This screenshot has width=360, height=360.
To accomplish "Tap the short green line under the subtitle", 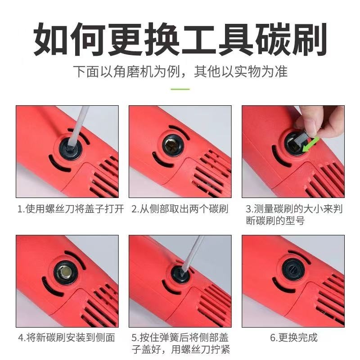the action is click(180, 89).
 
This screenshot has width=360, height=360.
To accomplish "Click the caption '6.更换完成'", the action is click(294, 337).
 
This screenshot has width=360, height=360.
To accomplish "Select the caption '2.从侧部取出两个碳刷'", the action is click(180, 209).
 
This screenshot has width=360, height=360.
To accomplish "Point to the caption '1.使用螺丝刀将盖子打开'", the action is click(71, 209).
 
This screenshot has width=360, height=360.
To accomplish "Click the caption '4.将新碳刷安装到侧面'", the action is click(67, 337).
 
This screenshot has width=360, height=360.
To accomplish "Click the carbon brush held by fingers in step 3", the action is click(303, 139).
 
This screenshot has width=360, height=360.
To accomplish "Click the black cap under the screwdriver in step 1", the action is click(71, 148).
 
